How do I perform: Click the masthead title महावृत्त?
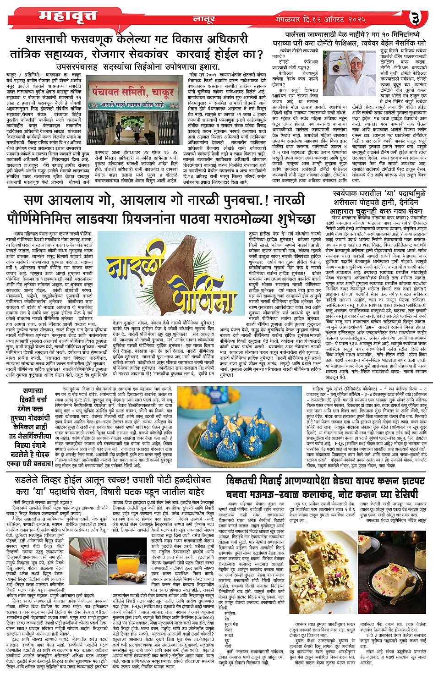[67, 16]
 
